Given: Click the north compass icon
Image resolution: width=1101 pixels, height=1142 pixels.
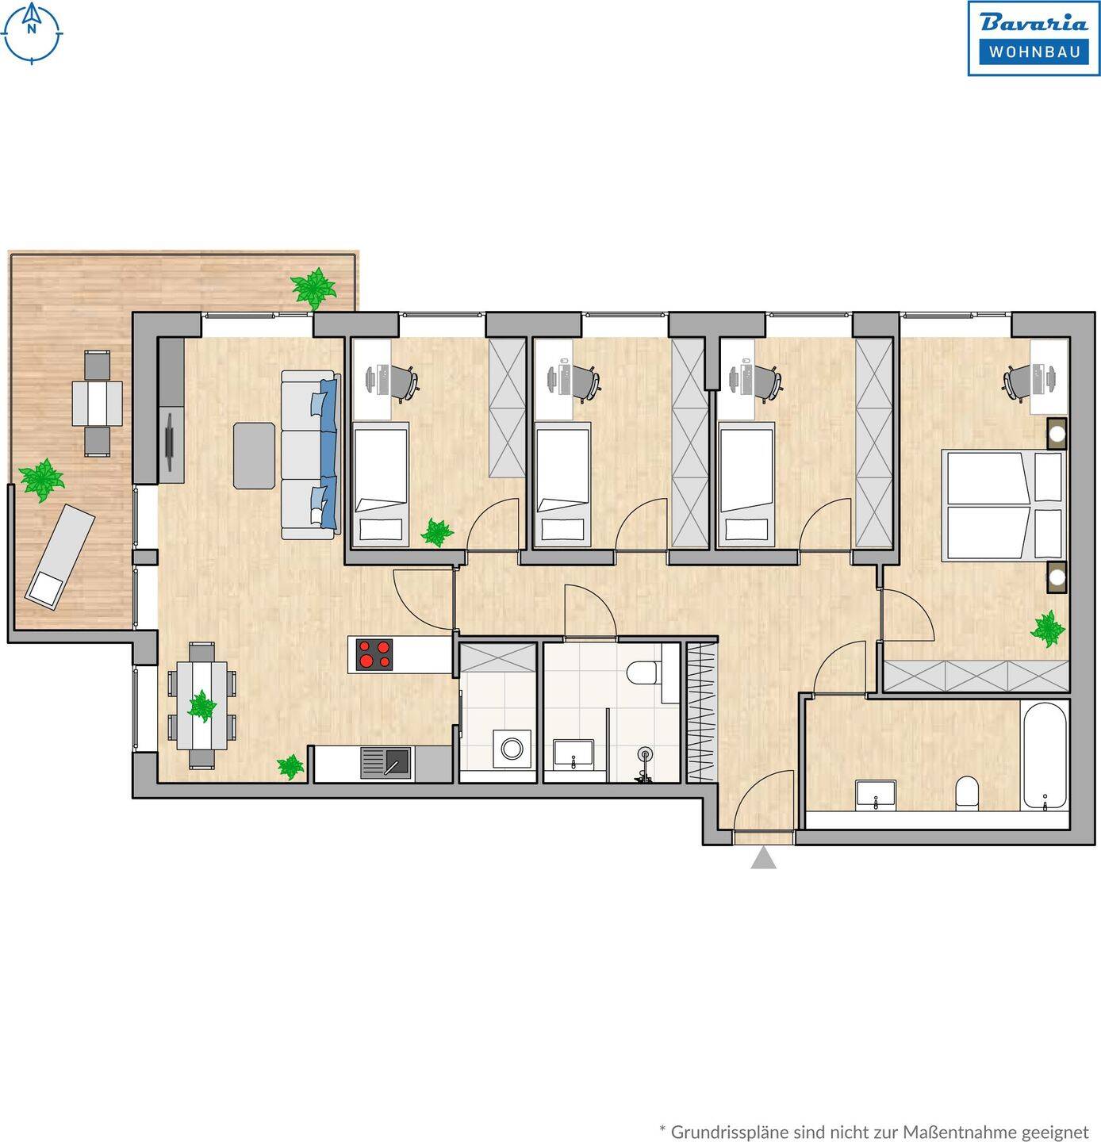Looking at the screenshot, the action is coord(32,33).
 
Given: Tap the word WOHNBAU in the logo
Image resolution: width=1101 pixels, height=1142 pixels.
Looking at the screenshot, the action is coord(1034,52).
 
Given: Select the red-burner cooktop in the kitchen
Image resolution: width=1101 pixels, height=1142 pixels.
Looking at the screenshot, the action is coord(374,654).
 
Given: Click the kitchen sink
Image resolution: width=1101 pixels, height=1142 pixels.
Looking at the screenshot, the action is coord(386,763).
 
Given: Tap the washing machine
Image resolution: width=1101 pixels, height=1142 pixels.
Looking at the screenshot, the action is coord(512,749).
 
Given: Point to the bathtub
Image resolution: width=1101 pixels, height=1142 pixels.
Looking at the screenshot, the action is coord(1045,756).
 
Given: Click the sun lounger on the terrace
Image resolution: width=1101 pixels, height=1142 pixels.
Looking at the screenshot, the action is coord(59,557).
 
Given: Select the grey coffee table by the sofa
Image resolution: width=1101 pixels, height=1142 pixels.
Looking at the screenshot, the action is coord(254,455).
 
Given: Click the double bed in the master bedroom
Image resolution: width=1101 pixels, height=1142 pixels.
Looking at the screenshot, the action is coord(1002,504).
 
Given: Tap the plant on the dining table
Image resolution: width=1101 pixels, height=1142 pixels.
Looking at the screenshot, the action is coord(202,705).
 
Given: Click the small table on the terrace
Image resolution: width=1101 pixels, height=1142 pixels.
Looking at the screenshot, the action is coord(98,403).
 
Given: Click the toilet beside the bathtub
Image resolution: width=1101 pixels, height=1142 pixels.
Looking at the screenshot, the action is coord(966,794).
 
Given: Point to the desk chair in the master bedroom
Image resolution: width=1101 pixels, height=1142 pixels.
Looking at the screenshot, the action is coord(1015,381).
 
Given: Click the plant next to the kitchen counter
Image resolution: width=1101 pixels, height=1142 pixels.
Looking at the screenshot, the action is coord(290,766).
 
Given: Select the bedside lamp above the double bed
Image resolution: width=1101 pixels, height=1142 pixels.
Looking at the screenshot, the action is coord(1057,434).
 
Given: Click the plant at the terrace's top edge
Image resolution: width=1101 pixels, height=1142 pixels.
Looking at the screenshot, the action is coord(314,288).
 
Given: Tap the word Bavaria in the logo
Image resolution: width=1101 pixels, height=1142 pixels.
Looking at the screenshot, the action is coord(1034,23).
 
